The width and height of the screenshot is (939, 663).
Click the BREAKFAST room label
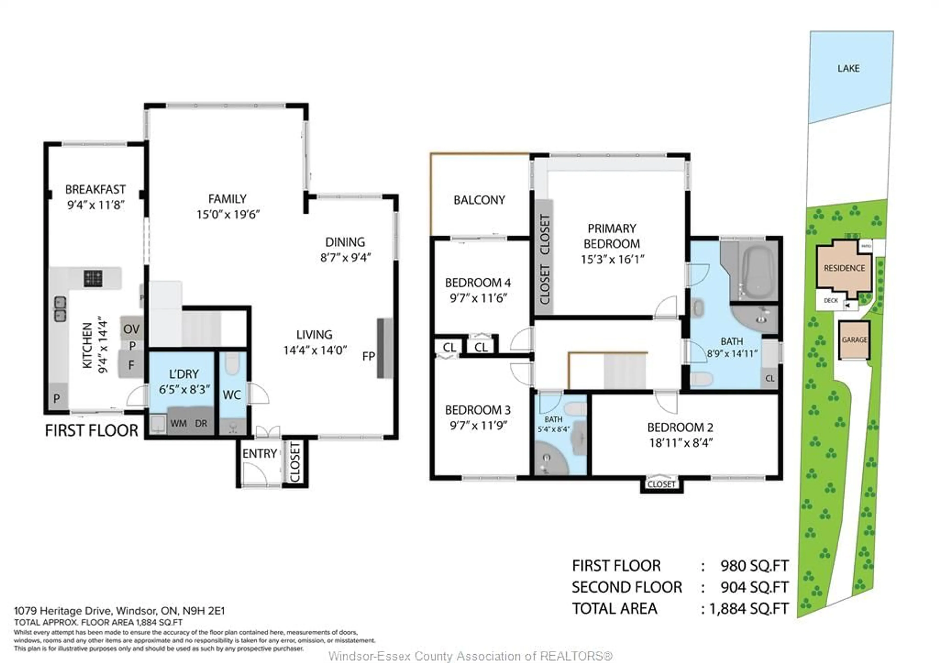pos(95,189)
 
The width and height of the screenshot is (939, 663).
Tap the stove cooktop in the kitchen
pos(93,279)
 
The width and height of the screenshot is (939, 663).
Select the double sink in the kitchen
pos(60,309)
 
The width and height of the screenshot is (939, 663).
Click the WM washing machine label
pos(179,423)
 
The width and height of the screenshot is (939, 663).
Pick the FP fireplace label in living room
pos(369,357)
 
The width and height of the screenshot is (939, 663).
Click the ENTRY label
pos(260,454)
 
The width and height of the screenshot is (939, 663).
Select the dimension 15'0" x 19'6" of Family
pos(228,214)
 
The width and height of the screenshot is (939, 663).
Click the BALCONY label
pos(479,200)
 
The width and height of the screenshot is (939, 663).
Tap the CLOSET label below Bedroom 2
pos(661,484)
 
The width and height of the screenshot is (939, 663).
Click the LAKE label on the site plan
pos(848,68)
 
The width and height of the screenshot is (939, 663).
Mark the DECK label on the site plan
pos(831,300)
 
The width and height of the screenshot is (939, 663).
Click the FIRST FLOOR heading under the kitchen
pos(92,431)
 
